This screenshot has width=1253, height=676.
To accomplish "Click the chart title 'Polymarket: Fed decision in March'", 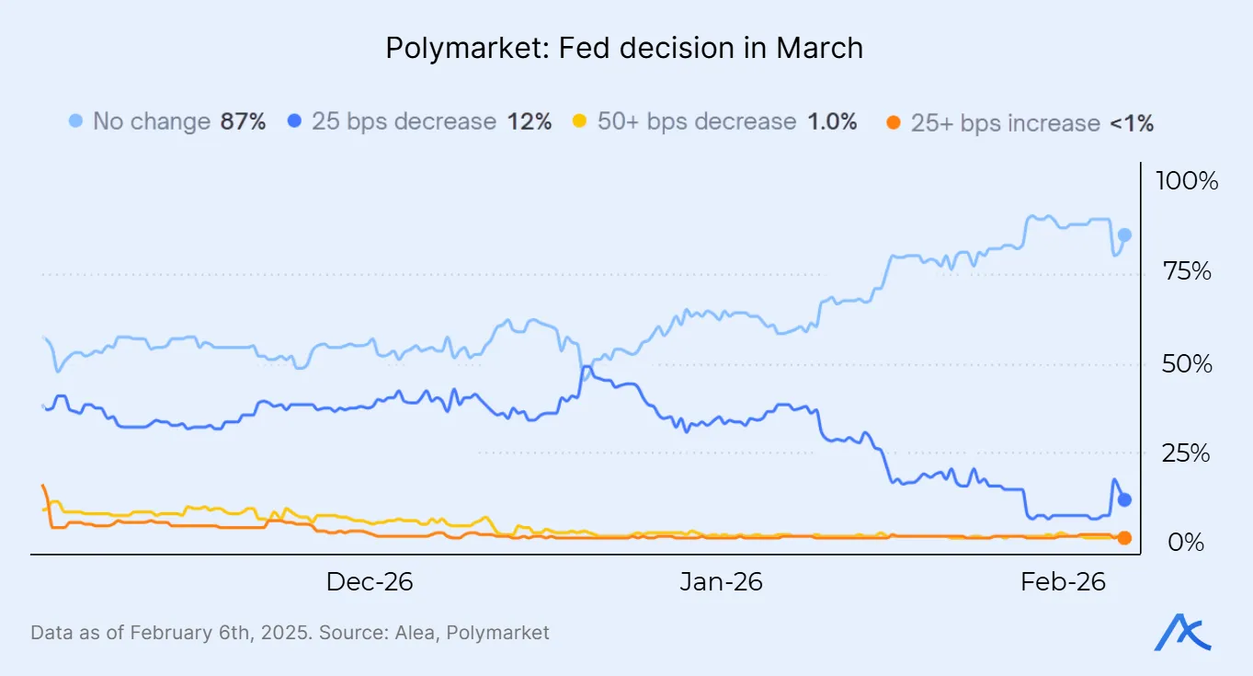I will pos(625,48).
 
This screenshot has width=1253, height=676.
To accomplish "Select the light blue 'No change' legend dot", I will pos(76,121).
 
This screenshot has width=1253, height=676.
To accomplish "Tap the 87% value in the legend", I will pos(243,121).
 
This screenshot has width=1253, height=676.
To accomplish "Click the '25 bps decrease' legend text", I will pos(404,121).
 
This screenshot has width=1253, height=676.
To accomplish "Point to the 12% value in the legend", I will pos(530,121).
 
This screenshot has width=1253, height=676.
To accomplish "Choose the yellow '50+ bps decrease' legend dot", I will pos(579,121).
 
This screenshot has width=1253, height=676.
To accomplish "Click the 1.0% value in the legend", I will pos(831,121).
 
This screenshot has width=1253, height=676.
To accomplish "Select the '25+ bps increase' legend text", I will pos(1005,123).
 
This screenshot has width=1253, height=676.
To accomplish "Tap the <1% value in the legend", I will pos(1132,123).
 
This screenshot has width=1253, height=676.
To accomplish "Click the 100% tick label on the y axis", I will pos(1186,181).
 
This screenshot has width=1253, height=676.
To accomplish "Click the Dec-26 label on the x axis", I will pos(370,582).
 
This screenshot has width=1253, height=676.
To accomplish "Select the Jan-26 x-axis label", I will pos(721,582).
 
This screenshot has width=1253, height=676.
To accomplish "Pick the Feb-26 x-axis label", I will pos(1064,582).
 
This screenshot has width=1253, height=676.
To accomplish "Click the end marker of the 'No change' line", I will pos(1123,235).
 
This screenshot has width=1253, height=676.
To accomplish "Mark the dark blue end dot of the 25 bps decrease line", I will pos(1123,500).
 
